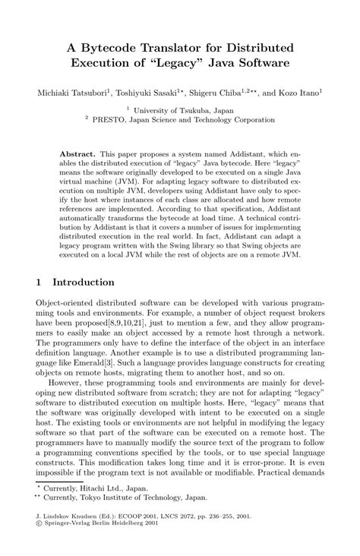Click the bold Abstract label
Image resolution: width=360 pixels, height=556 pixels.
(75, 153)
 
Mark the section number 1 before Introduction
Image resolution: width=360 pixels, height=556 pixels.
(39, 282)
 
